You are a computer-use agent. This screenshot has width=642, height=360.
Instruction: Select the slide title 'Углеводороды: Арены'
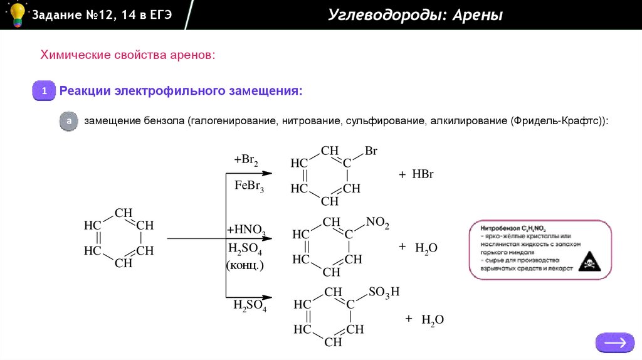415,15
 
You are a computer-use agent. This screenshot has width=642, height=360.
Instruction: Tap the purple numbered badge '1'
45,92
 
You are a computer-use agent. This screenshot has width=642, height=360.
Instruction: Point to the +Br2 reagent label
246,161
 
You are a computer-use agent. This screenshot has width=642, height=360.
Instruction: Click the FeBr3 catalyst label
250,186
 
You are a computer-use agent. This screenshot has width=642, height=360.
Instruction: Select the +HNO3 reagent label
246,230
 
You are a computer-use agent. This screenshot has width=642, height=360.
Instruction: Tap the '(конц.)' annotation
245,265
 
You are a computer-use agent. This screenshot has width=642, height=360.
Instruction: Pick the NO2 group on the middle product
377,223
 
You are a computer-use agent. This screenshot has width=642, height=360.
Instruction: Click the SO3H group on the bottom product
384,292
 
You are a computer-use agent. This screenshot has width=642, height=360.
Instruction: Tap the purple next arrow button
614,342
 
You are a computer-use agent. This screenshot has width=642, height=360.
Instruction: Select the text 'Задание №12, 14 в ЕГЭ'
101,14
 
